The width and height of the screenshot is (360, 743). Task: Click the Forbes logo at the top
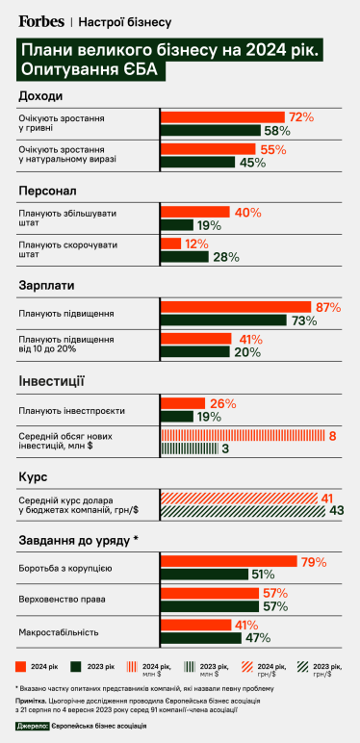(x=41, y=19)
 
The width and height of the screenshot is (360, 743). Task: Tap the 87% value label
(x=328, y=307)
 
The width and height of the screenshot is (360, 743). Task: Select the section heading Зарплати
(x=45, y=286)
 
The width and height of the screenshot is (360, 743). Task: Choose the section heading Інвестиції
(x=51, y=381)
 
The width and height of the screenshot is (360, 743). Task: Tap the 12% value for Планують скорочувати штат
(x=196, y=244)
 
